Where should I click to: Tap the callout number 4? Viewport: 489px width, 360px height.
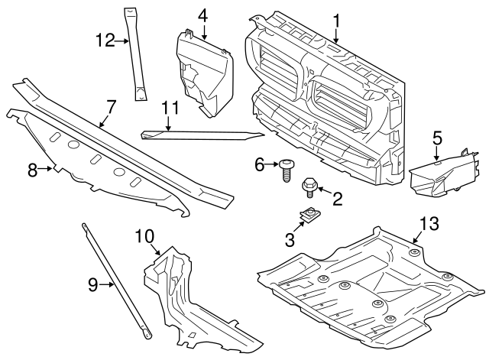point(202,15)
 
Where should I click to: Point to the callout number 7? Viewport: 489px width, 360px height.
point(111,107)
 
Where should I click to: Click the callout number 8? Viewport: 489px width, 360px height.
point(32,170)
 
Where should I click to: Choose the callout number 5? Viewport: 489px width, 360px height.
point(437,138)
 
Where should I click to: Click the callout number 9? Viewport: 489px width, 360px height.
point(92,285)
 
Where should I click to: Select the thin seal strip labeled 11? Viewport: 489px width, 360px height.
point(202,136)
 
